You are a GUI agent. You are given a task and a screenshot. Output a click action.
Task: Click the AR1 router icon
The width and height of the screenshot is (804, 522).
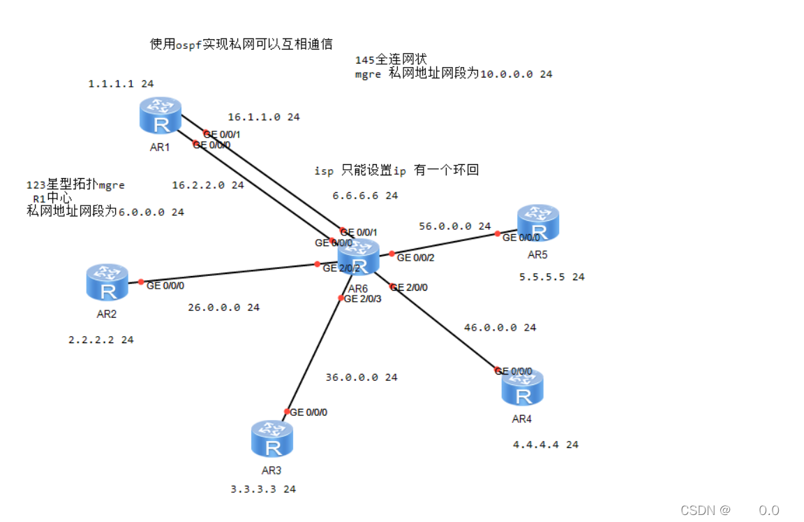coord(161,115)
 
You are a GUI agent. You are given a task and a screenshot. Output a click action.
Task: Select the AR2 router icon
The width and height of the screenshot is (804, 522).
coord(107,282)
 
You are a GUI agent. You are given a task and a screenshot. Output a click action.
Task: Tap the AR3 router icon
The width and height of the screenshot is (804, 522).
coord(272,439)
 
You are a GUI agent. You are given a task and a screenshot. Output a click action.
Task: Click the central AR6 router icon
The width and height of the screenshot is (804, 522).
coord(358,256)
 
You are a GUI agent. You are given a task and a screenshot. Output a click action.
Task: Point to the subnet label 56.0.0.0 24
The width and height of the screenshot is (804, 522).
coord(454,226)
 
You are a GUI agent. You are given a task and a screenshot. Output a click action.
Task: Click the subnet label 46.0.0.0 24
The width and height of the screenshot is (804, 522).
coord(500,327)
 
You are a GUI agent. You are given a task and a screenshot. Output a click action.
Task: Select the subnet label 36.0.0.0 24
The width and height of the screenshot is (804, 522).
coord(361,377)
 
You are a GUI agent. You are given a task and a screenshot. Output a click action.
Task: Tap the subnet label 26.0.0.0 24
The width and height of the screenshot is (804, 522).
coord(223,307)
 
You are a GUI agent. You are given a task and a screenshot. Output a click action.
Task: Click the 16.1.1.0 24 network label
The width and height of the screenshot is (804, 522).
coord(263,117)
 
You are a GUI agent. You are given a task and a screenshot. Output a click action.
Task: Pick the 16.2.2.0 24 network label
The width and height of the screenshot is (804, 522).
coord(207,186)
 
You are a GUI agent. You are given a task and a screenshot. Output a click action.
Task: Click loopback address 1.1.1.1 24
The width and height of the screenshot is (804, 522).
coord(121,84)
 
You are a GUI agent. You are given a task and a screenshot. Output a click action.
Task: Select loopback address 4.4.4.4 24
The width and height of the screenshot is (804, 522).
coord(546,444)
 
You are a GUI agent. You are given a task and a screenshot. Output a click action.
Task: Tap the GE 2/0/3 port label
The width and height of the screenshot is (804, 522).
coord(362,299)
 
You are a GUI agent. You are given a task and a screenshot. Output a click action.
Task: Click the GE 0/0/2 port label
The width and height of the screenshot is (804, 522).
coord(415,258)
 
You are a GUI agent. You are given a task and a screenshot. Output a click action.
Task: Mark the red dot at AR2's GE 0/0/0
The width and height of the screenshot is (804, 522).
coord(141,282)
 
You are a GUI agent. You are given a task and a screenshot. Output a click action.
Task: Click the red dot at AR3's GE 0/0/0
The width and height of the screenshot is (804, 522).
coord(286,412)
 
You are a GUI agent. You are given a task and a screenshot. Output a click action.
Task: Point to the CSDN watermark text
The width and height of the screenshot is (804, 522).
coord(705,510)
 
